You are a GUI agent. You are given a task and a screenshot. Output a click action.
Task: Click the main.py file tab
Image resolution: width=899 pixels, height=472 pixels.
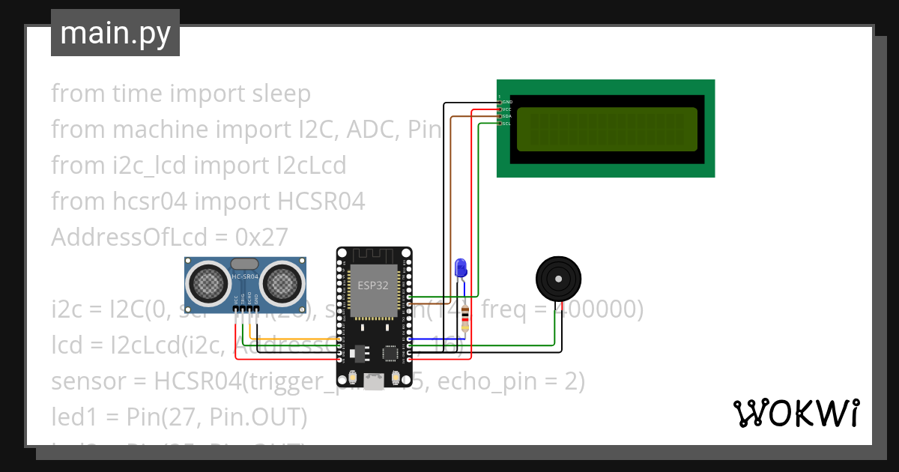[115, 33]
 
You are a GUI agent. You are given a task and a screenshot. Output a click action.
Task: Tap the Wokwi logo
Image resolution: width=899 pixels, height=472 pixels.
[796, 413]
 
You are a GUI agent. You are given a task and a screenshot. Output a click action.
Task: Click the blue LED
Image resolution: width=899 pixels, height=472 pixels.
[461, 267]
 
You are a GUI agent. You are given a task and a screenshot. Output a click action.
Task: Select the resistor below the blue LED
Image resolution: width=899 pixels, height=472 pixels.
[466, 318]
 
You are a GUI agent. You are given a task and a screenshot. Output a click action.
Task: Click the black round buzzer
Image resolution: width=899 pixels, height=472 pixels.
[558, 279]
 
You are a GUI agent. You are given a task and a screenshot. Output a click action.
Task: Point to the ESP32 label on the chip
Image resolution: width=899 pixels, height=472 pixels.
[372, 285]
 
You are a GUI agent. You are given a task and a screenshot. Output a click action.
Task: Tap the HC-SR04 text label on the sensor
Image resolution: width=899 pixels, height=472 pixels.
[245, 277]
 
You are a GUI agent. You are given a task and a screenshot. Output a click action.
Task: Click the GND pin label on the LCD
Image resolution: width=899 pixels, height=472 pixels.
[507, 101]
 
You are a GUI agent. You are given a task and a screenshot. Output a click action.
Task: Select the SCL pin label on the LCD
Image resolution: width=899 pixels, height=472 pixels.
[506, 124]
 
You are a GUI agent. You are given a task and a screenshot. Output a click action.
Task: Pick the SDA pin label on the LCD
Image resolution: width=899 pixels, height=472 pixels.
[506, 116]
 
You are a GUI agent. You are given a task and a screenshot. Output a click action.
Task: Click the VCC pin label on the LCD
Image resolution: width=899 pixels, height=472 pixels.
[506, 109]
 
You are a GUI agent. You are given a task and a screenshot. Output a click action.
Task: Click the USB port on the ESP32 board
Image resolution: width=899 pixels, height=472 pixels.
[372, 382]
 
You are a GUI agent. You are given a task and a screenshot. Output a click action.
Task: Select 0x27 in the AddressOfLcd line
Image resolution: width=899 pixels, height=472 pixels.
[261, 237]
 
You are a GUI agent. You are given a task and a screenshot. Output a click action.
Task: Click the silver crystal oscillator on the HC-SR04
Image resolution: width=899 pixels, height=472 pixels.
[245, 264]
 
